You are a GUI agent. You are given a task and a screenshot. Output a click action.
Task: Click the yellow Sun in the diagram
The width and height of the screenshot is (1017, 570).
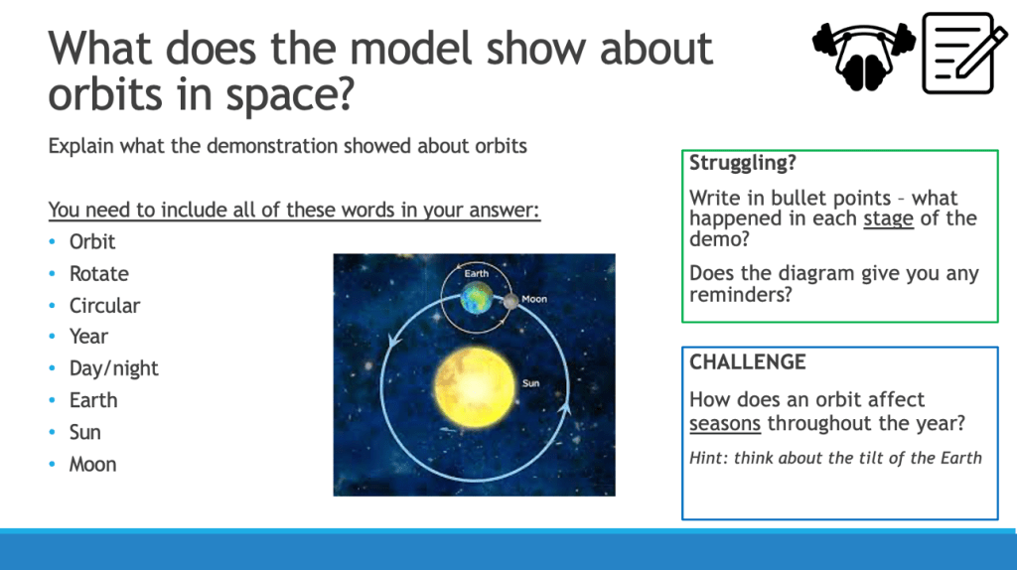474,387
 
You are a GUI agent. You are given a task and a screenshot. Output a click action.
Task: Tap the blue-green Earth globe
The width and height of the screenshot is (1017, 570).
477,298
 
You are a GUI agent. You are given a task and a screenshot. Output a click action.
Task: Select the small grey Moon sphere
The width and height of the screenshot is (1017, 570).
511,301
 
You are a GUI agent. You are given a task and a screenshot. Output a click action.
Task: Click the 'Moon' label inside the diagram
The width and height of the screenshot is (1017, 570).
534,299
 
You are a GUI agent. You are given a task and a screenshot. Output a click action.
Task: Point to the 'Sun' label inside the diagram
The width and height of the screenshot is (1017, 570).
530,383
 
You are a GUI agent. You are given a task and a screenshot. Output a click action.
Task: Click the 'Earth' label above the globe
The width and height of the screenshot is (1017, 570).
476,274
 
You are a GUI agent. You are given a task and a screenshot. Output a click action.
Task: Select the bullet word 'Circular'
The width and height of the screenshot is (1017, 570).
104,306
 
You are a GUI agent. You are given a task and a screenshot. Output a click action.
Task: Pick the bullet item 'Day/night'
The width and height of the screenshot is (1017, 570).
113,369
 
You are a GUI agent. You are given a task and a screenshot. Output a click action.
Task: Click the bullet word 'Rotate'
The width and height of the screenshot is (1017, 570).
98,274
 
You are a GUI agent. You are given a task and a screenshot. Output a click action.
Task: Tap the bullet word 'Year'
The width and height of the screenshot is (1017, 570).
88,337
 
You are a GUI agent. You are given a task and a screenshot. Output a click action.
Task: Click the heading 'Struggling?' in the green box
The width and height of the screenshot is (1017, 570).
743,163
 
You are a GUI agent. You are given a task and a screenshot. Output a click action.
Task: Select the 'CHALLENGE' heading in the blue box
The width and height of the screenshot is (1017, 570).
747,361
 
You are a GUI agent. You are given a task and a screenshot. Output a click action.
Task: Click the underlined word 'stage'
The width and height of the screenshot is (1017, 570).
888,218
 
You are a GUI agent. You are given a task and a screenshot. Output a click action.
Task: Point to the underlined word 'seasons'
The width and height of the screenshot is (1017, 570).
724,423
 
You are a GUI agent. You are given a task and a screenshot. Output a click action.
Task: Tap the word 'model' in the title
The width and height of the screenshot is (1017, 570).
411,49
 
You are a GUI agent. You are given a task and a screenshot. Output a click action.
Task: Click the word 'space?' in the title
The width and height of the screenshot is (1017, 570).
290,95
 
